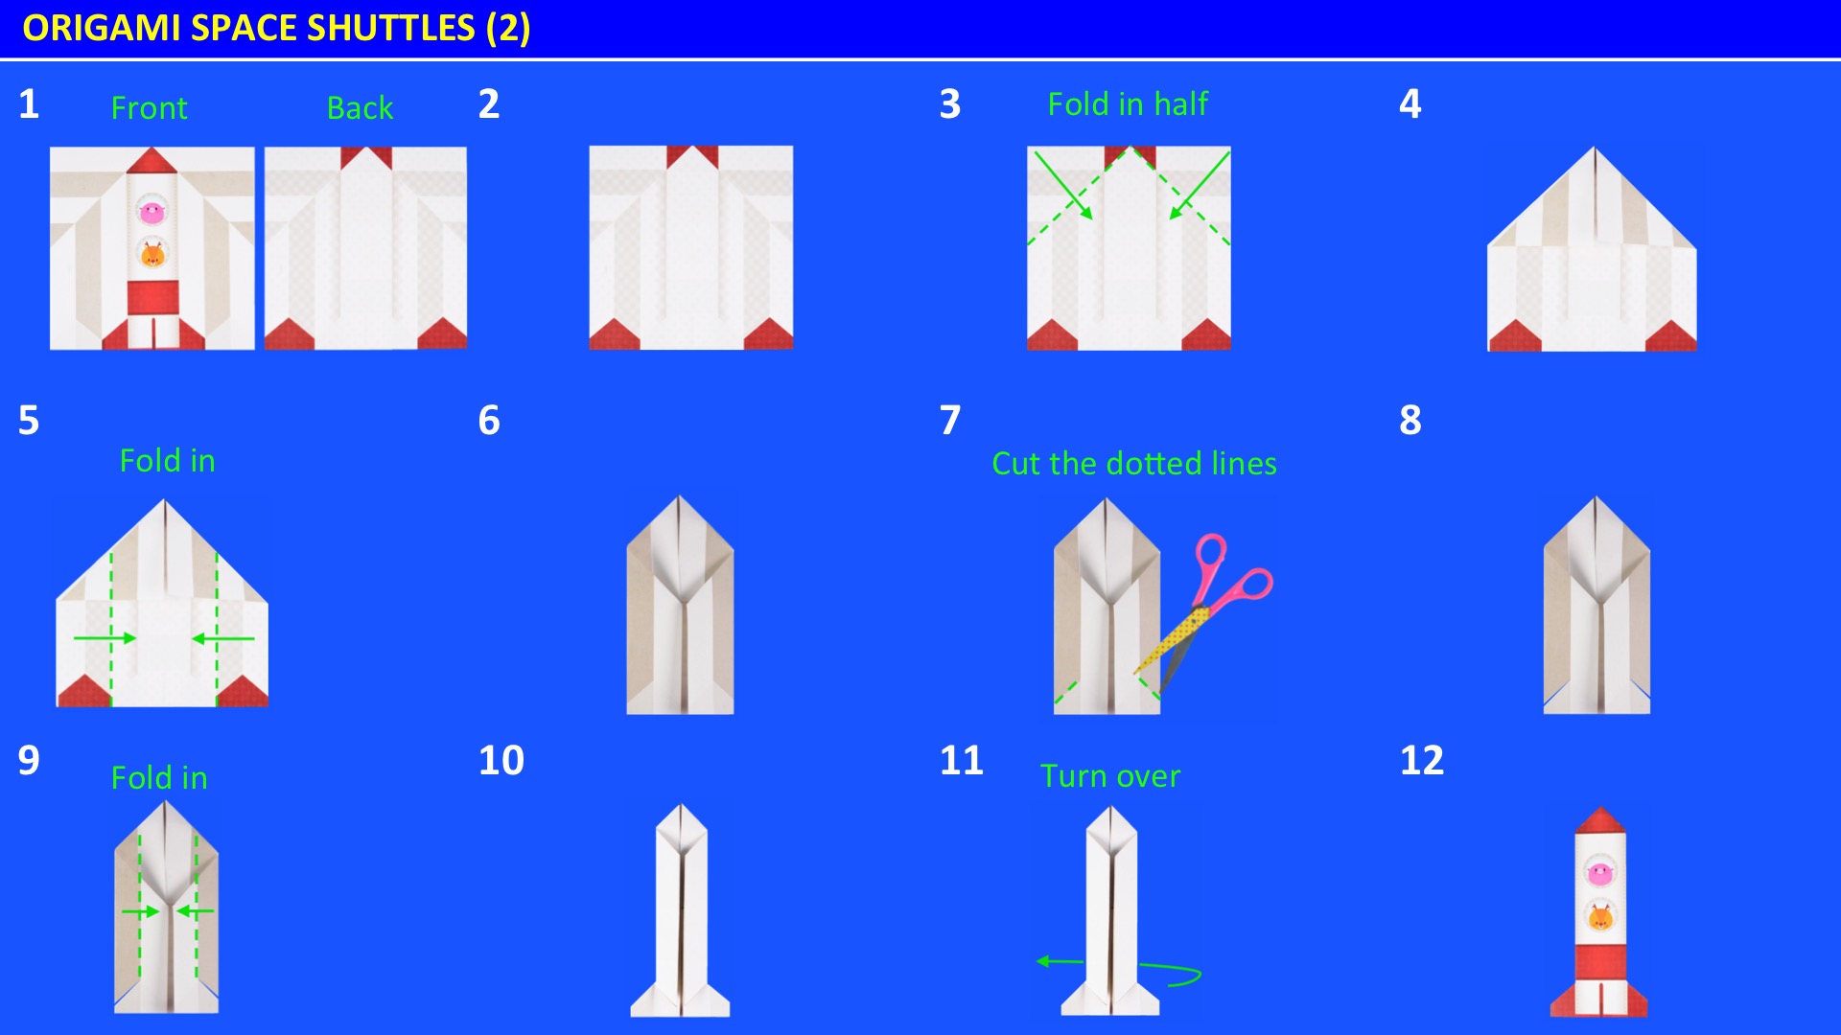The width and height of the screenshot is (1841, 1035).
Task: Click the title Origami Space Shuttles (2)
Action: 276,28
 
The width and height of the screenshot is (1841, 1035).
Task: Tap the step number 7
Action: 949,421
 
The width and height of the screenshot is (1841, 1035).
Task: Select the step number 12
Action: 1421,761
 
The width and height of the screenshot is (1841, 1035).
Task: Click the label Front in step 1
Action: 149,108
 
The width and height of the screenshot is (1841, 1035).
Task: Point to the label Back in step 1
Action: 360,108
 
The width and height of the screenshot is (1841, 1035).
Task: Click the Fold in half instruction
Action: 1127,103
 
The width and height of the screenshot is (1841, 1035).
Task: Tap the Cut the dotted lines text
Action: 1133,464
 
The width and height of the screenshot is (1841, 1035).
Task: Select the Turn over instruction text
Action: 1109,776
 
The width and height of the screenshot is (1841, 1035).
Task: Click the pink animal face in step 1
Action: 151,211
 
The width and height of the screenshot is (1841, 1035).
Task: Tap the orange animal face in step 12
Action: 1599,918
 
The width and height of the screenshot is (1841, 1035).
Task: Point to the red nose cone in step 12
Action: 1599,820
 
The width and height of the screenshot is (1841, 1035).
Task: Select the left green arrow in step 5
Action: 105,638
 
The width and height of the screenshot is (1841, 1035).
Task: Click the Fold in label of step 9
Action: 159,778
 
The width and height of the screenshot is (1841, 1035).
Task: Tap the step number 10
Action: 501,761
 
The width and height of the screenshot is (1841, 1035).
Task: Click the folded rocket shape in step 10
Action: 680,910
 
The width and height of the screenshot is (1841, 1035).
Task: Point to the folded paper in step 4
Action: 1592,259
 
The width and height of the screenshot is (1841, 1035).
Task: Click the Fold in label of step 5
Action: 167,461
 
